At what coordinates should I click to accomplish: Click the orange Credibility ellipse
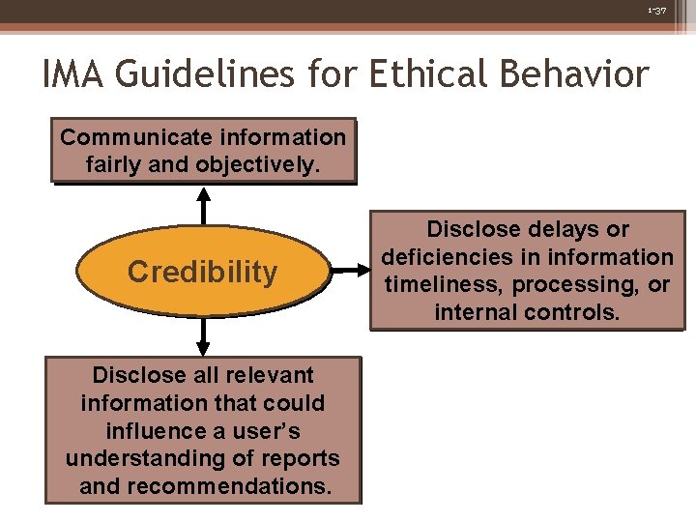202,273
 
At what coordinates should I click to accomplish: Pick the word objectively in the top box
257,164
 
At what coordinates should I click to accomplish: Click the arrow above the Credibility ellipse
203,204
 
